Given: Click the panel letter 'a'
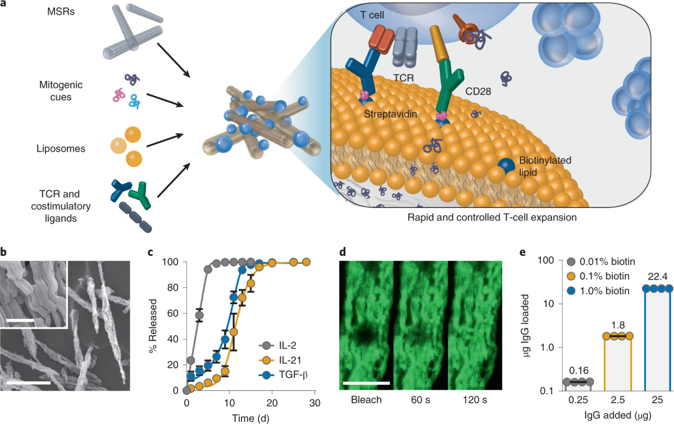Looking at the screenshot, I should tap(5, 6).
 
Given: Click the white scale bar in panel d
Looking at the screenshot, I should tap(365, 384).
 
